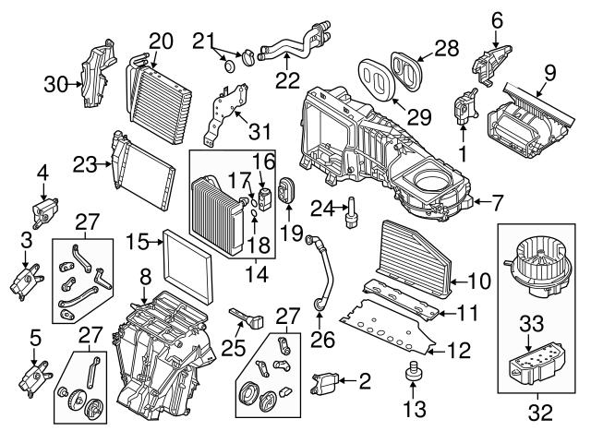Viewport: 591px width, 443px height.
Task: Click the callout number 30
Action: [x=57, y=85]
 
